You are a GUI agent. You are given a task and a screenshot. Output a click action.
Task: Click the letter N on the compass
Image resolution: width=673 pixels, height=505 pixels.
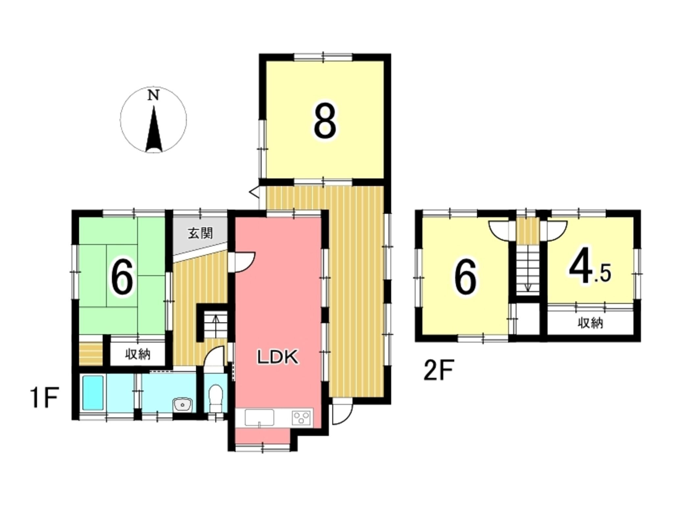(x=153, y=95)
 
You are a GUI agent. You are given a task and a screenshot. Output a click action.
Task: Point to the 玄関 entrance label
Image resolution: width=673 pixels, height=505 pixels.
(x=200, y=233)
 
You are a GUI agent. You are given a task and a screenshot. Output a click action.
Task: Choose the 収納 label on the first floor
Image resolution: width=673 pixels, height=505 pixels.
(x=138, y=354)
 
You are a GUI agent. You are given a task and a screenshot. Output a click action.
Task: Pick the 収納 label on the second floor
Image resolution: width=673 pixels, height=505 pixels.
(x=591, y=324)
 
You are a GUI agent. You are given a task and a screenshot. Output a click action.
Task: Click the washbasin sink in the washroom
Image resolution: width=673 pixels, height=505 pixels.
(x=183, y=404)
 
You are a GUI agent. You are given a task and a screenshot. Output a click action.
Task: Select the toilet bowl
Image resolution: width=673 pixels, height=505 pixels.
(x=216, y=398)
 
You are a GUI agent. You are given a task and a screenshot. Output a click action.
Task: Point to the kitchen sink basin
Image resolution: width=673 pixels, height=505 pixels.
(x=259, y=418)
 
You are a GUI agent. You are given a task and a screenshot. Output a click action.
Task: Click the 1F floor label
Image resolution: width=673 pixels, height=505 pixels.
(x=45, y=398)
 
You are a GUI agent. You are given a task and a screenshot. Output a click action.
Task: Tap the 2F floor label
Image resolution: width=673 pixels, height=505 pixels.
(x=438, y=370)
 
